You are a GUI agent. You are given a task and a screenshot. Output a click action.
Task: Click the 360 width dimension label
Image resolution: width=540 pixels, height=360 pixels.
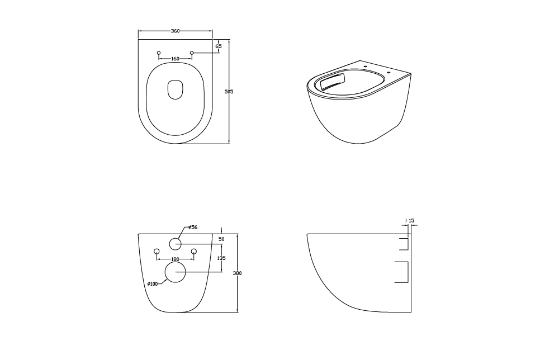(176, 31)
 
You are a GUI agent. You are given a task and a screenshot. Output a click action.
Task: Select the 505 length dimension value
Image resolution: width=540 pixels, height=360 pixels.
(229, 92)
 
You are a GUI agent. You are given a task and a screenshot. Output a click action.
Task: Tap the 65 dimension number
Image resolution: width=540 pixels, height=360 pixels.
(219, 46)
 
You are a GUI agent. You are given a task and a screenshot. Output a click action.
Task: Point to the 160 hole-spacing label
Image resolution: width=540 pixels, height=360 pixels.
(175, 59)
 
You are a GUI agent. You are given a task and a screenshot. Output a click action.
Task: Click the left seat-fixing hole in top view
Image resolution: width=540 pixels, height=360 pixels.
(159, 53)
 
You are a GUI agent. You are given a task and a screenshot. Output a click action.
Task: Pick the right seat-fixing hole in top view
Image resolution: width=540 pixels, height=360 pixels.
(192, 53)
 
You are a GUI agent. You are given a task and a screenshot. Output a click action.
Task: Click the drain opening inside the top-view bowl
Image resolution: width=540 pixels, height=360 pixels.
(176, 90)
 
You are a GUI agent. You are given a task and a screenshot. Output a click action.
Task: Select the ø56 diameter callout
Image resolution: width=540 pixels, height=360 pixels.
(192, 228)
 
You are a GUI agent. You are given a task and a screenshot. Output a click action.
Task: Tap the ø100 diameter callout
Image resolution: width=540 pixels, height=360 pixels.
(152, 284)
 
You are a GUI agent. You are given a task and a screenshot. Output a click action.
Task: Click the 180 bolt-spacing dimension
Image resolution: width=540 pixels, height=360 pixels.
(176, 259)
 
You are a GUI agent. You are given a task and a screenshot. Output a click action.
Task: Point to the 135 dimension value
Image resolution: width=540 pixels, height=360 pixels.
(221, 258)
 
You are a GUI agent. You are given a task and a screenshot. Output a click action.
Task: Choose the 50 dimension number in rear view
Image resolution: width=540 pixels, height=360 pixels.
(221, 239)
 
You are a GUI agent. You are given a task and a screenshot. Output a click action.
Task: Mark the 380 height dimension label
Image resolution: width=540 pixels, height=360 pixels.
(237, 273)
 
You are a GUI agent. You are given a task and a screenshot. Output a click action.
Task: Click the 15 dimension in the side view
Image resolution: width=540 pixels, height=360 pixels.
(411, 220)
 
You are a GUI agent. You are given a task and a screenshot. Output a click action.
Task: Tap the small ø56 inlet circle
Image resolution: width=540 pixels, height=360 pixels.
(176, 244)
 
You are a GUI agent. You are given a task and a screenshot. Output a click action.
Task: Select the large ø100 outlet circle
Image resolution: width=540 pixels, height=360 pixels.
(176, 272)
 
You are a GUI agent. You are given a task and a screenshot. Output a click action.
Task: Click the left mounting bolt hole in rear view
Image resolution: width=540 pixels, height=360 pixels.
(157, 251)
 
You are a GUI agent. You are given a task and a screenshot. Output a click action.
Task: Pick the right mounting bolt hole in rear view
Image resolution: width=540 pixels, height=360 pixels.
(193, 251)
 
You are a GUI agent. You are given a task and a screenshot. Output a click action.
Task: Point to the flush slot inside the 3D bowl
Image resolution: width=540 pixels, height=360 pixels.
(333, 82)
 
